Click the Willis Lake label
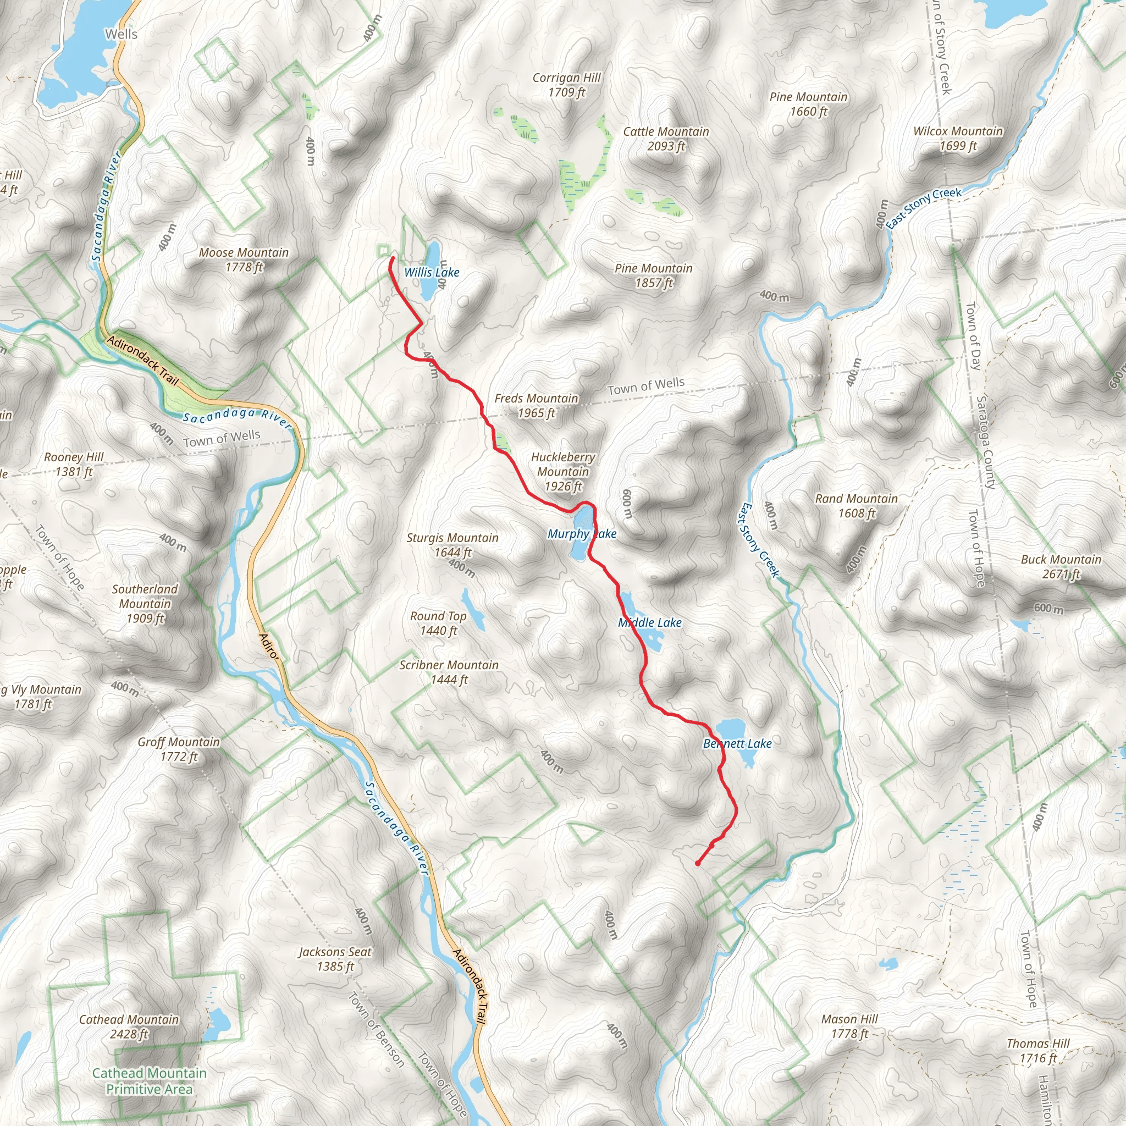[x=432, y=272]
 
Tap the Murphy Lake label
[x=581, y=533]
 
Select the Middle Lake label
[x=649, y=622]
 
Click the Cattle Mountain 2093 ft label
[x=666, y=139]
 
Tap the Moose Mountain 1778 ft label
[x=244, y=260]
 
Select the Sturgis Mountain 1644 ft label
[x=452, y=544]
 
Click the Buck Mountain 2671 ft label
[x=1061, y=566]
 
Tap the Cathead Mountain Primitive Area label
[x=149, y=1080]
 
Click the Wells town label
[x=121, y=35]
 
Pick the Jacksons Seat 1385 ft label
[x=335, y=959]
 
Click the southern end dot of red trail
[x=697, y=863]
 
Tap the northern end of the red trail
[x=392, y=258]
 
